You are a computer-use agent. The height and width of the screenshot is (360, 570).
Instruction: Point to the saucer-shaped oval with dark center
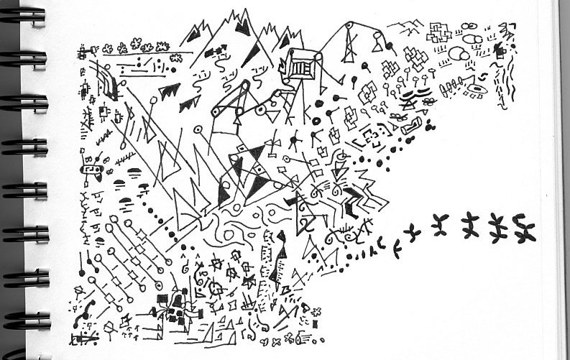tap(475, 91)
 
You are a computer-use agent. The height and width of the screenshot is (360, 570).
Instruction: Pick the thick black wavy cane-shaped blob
tap(88, 308)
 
